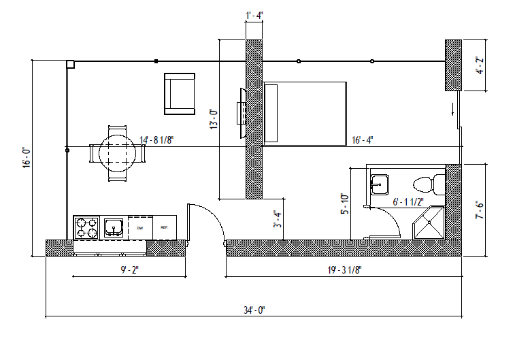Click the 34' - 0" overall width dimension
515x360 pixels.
pos(254,310)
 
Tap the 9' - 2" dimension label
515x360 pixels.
pos(129,270)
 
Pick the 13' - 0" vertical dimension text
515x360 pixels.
pos(213,120)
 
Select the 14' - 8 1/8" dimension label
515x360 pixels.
pos(157,140)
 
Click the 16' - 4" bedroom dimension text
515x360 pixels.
pos(361,140)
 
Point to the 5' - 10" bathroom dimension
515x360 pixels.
pos(344,203)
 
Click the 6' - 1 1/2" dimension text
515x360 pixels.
pos(409,201)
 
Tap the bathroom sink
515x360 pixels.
pos(379,183)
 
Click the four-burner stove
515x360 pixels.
pos(86,228)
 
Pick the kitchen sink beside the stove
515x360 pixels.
pos(113,227)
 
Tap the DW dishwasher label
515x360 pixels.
pos(140,227)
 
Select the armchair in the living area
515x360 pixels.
pos(180,95)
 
